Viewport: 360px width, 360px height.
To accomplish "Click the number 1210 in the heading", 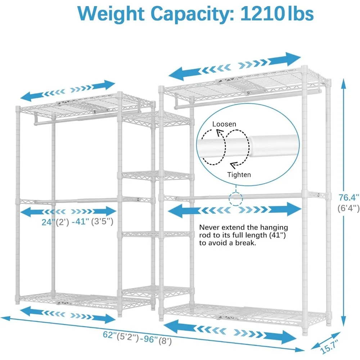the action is (261, 14).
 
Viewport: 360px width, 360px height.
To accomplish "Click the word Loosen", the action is (224, 124).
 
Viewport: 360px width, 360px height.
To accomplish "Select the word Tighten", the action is (239, 175).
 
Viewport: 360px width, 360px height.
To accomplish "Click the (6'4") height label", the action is (348, 208).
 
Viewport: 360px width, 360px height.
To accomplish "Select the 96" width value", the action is (150, 339).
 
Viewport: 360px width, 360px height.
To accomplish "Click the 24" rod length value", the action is (49, 222).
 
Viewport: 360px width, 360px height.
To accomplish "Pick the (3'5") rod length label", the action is (102, 221).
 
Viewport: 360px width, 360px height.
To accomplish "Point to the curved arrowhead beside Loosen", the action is (220, 132).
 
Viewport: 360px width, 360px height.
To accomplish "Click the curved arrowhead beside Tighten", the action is (234, 165).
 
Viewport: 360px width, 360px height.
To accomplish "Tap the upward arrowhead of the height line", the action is (343, 84).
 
